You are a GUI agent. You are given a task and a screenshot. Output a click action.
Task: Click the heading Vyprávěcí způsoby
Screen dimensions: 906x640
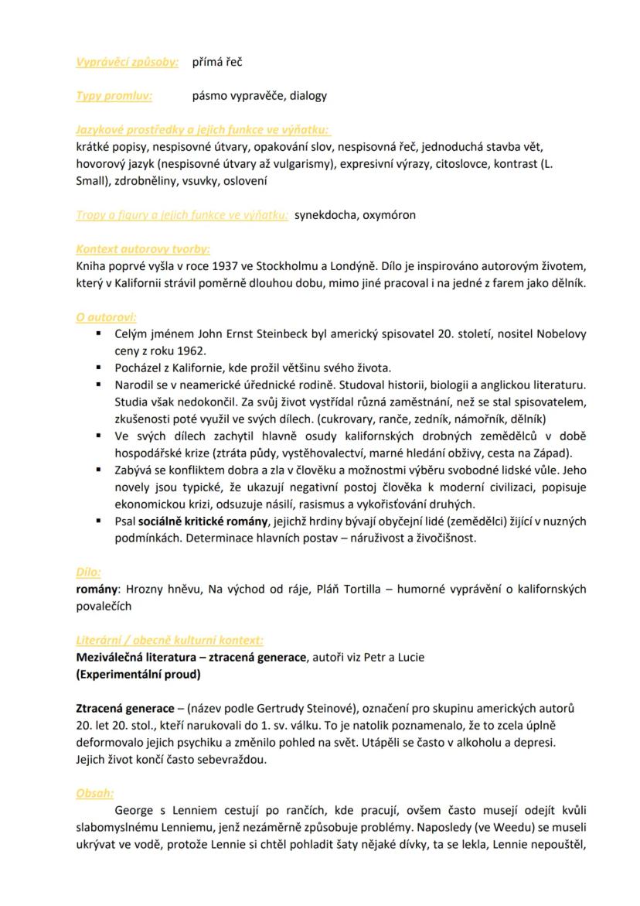pyautogui.click(x=128, y=61)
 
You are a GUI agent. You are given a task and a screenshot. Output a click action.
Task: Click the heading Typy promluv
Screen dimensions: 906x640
pyautogui.click(x=114, y=96)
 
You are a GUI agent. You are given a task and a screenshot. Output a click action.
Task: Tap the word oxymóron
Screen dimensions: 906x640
pyautogui.click(x=391, y=215)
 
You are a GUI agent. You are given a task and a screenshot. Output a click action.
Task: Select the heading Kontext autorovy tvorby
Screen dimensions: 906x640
pyautogui.click(x=143, y=249)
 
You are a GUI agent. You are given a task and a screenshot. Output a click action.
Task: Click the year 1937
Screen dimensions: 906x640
pyautogui.click(x=222, y=266)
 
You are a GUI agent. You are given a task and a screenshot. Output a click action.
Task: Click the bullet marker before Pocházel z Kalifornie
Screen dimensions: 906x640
pyautogui.click(x=99, y=368)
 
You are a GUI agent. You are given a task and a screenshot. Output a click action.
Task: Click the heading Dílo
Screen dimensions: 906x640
pyautogui.click(x=88, y=573)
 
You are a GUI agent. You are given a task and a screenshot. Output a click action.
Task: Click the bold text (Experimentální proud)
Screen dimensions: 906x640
pyautogui.click(x=138, y=674)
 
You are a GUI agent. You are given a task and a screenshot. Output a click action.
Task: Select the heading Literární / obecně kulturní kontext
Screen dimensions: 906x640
pyautogui.click(x=169, y=641)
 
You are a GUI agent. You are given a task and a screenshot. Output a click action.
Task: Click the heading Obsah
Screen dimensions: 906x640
pyautogui.click(x=94, y=793)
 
